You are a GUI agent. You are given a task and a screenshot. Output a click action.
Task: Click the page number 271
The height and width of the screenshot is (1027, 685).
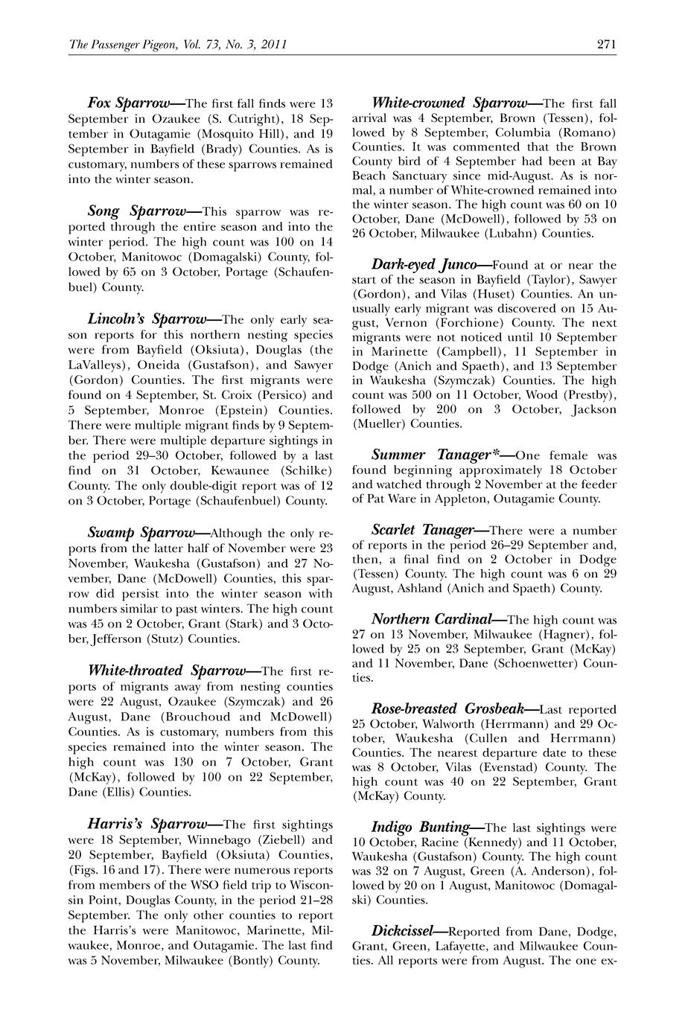click(606, 45)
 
